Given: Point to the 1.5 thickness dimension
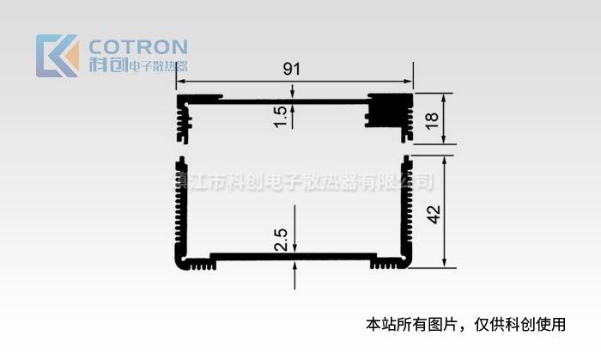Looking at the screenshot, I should pos(281,115).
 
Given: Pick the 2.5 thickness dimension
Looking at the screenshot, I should pos(281,238).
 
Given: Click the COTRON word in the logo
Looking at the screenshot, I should pos(137,46).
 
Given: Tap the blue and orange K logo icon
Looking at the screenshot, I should pos(57,56).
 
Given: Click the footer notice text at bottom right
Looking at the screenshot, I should pos(466,325).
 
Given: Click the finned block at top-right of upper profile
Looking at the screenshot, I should pos(389,110).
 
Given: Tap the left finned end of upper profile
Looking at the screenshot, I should pos(184,119).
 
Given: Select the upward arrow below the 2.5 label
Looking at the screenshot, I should pos(294,265).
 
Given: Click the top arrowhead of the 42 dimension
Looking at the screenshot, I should pos(444,160).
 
